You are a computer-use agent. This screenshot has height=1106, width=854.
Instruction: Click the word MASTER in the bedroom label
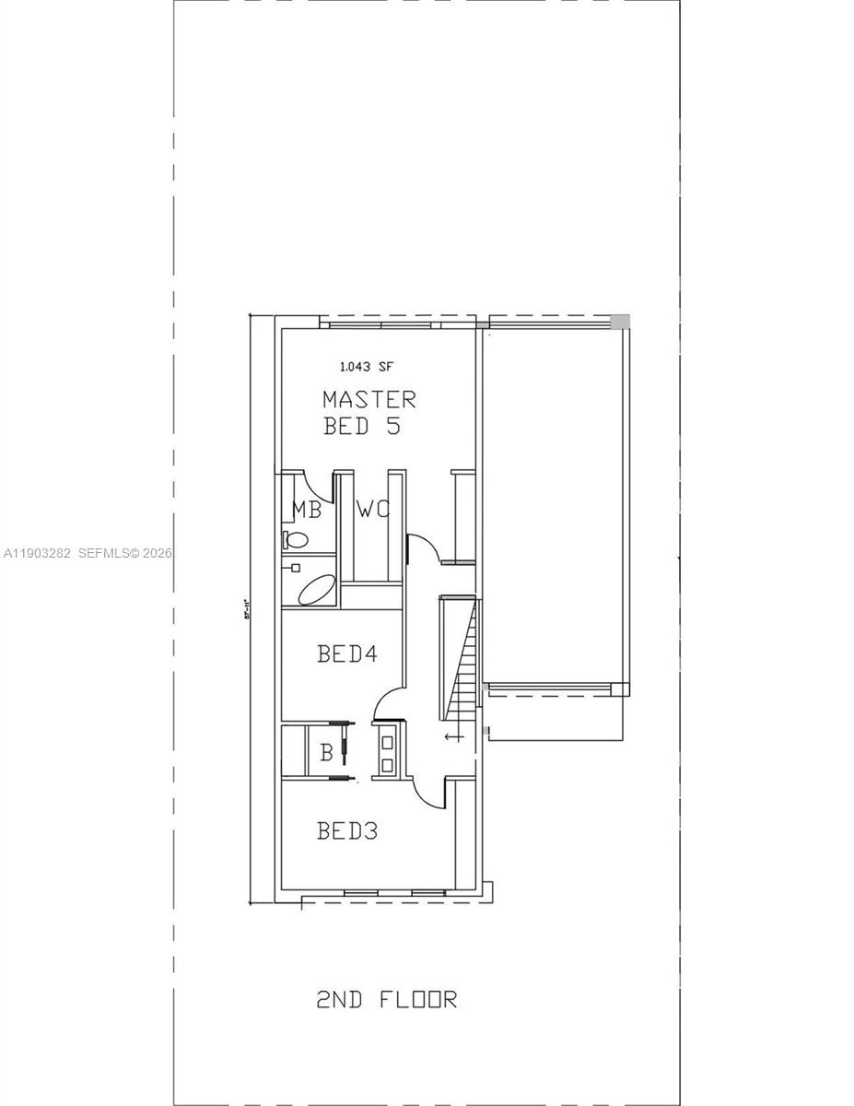pyautogui.click(x=369, y=400)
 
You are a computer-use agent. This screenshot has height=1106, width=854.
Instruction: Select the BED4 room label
pyautogui.click(x=347, y=654)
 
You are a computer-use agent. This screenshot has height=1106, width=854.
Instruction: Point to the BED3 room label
pyautogui.click(x=347, y=831)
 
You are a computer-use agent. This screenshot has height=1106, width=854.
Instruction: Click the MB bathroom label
pyautogui.click(x=307, y=510)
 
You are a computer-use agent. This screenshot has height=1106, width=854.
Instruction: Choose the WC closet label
pyautogui.click(x=373, y=510)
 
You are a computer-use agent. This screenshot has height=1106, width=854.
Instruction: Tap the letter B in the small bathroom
pyautogui.click(x=325, y=753)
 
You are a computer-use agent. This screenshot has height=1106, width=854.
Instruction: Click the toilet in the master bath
pyautogui.click(x=295, y=539)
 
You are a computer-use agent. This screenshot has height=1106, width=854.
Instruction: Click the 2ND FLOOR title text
pyautogui.click(x=386, y=999)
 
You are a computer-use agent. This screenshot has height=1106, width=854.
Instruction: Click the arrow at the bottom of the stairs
pyautogui.click(x=453, y=736)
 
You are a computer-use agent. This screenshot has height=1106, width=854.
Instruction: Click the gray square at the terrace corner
pyautogui.click(x=621, y=322)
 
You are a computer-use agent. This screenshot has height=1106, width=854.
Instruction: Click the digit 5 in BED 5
pyautogui.click(x=392, y=427)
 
